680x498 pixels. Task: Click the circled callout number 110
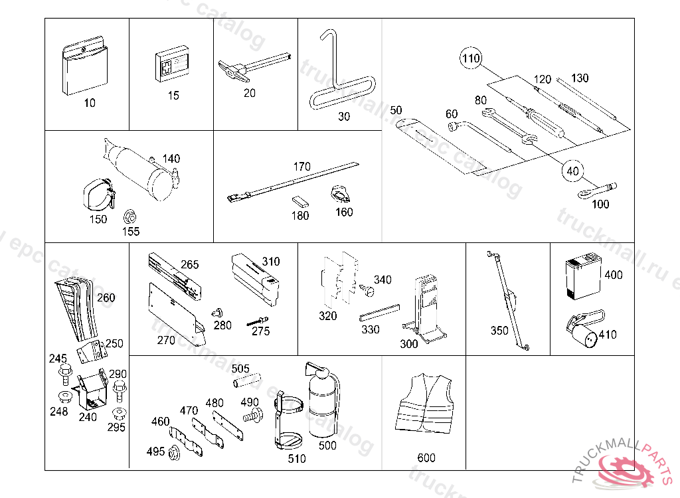pyautogui.click(x=471, y=59)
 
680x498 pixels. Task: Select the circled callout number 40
pyautogui.click(x=572, y=171)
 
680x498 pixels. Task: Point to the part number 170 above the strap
pyautogui.click(x=301, y=167)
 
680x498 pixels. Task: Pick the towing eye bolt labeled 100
pyautogui.click(x=597, y=190)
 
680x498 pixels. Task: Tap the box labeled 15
pyautogui.click(x=173, y=65)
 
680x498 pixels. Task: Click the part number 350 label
pyautogui.click(x=499, y=330)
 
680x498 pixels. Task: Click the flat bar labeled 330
pyautogui.click(x=381, y=311)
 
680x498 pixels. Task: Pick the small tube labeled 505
pyautogui.click(x=244, y=382)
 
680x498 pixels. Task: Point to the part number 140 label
pyautogui.click(x=171, y=159)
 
